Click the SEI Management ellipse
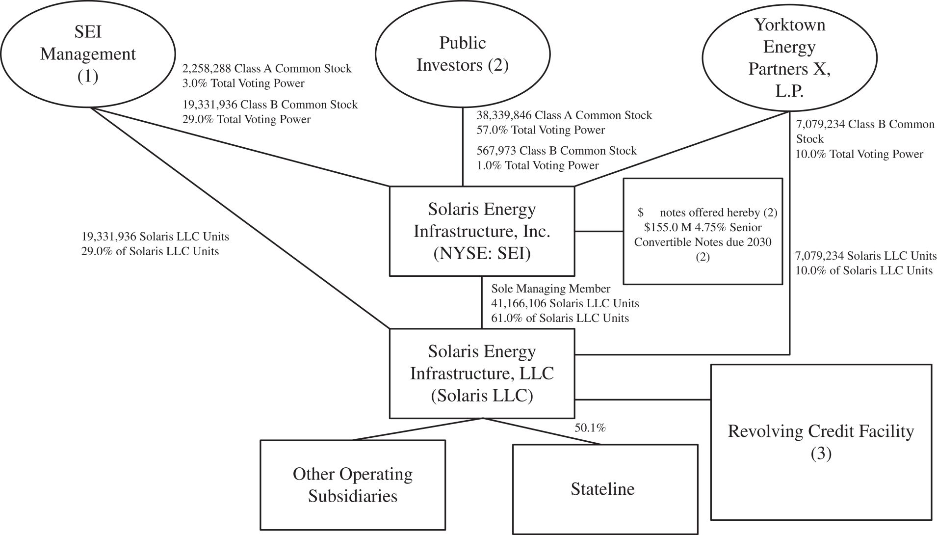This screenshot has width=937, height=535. (88, 54)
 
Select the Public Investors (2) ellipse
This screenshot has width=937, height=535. (463, 54)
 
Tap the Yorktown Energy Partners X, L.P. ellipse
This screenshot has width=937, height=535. (789, 58)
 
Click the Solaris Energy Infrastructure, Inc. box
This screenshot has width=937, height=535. (482, 231)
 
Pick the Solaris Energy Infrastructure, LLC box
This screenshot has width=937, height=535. (482, 373)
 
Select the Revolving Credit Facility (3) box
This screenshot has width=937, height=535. (821, 442)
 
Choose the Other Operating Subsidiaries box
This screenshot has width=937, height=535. (353, 484)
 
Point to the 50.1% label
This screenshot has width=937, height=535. (590, 428)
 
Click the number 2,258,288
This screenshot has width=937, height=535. (206, 69)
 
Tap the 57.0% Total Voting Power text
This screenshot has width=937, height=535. (541, 130)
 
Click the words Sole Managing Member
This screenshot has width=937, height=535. (550, 289)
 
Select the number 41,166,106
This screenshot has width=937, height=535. (519, 303)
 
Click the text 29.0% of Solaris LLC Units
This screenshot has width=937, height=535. (150, 251)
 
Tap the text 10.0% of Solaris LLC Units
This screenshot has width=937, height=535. (863, 270)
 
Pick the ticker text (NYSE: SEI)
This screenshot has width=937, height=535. (482, 254)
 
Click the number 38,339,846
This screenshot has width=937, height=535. (504, 115)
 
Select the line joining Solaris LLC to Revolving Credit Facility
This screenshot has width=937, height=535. (643, 400)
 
